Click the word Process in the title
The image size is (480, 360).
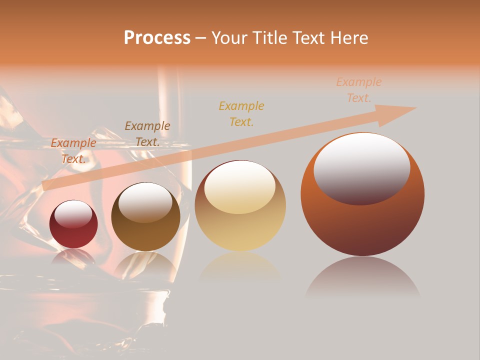pos(157,38)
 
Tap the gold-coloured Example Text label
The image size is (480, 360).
pos(241,113)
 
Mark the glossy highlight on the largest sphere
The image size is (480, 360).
pos(362,168)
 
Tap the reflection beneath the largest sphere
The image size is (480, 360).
pos(362,277)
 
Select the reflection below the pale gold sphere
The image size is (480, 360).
pos(240,267)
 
